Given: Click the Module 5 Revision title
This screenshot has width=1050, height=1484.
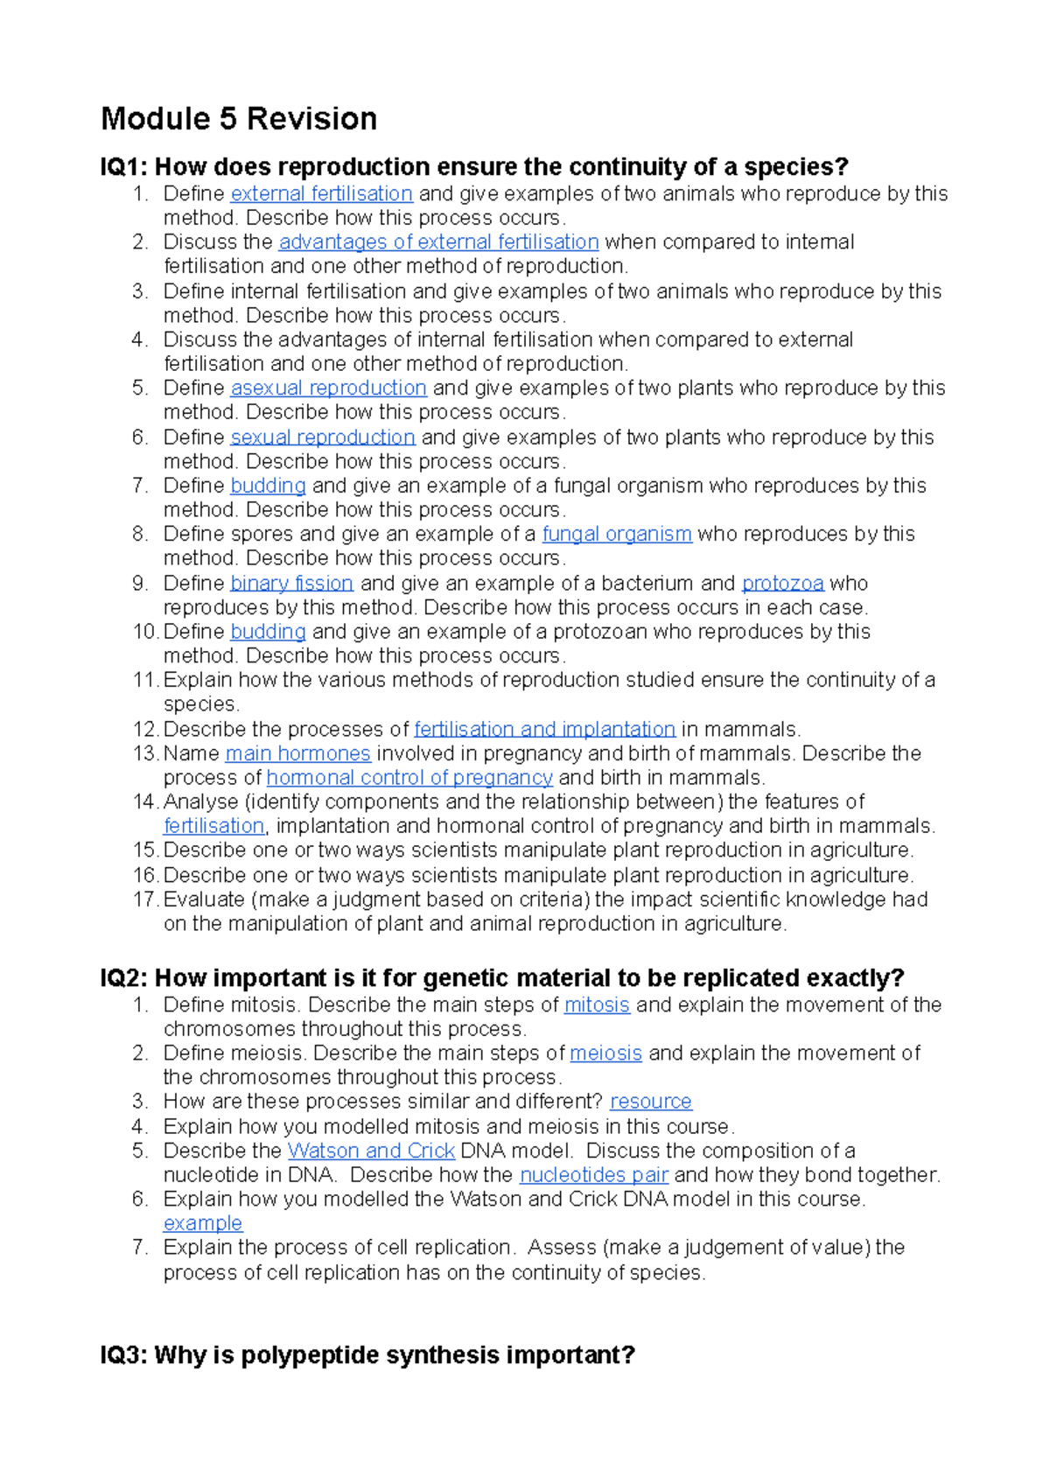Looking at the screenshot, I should tap(239, 119).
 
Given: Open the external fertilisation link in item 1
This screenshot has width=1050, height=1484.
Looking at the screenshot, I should tap(321, 193).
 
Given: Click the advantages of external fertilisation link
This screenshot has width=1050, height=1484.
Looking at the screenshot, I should tap(438, 241).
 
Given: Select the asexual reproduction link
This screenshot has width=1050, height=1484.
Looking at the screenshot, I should tap(328, 388).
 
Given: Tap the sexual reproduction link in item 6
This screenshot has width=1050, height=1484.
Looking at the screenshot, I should tap(322, 437).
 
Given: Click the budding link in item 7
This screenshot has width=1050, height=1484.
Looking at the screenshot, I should tap(268, 486).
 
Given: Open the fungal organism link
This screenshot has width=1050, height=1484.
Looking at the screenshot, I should tap(617, 534).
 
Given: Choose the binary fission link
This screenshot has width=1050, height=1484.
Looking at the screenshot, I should tap(291, 583).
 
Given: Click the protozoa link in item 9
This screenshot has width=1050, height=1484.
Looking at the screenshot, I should tap(782, 583).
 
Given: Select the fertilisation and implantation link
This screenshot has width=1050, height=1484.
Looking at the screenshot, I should tap(544, 729).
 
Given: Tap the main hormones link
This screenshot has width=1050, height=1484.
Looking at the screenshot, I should tap(297, 753).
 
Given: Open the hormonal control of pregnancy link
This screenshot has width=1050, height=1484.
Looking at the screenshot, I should tap(409, 777).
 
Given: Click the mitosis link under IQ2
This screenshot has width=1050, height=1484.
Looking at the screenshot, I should tap(597, 1004).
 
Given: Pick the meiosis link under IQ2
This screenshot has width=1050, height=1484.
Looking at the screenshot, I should tap(605, 1053).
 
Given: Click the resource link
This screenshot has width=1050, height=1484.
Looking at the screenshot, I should tap(650, 1101).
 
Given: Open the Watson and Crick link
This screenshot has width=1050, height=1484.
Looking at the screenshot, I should tap(371, 1151).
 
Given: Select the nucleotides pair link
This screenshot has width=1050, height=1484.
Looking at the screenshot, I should tap(594, 1174).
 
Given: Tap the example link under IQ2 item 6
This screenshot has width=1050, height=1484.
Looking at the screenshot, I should tap(202, 1223).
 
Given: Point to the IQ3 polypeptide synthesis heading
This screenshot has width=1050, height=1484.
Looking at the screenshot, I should tap(367, 1355).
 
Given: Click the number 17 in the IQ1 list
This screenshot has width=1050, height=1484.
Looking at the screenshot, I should tap(145, 899).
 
